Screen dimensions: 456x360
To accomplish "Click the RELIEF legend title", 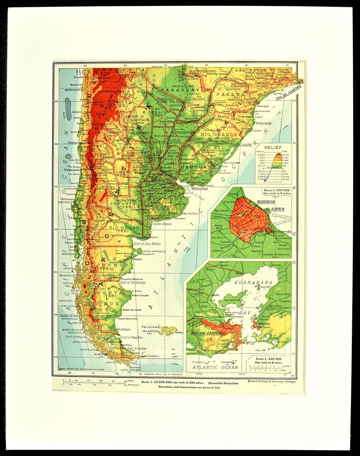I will [273, 147].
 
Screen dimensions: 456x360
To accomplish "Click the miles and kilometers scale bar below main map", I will [96, 384].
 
